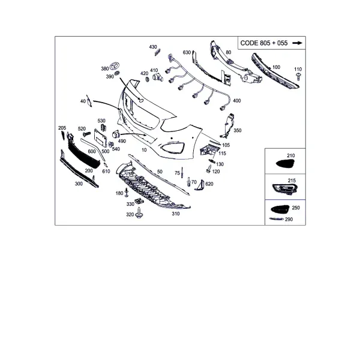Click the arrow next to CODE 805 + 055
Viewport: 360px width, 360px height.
coord(298,43)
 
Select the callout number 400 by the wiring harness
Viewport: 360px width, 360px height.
coord(237,101)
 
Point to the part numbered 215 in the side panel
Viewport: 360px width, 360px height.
coord(285,189)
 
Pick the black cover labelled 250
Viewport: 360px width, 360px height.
coord(280,209)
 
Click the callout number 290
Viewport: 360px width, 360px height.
coord(289,220)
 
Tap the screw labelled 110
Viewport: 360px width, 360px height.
coord(298,76)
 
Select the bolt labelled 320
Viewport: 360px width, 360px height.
coord(139,213)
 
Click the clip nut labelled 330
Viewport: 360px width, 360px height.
coord(139,201)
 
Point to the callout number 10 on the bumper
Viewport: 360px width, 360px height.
coord(144,150)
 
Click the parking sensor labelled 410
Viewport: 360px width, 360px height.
coord(158,77)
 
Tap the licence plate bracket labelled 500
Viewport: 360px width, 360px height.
coord(100,138)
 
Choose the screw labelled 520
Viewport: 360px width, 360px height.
coord(86,133)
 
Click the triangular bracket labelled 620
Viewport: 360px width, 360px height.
coord(199,185)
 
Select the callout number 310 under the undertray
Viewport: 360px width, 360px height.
coord(176,214)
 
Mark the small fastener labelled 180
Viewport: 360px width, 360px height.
coord(127,193)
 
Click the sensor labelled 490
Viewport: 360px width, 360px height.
coord(115,134)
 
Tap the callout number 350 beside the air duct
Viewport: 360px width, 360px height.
coord(238,130)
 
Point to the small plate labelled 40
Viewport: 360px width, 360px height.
coord(89,101)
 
